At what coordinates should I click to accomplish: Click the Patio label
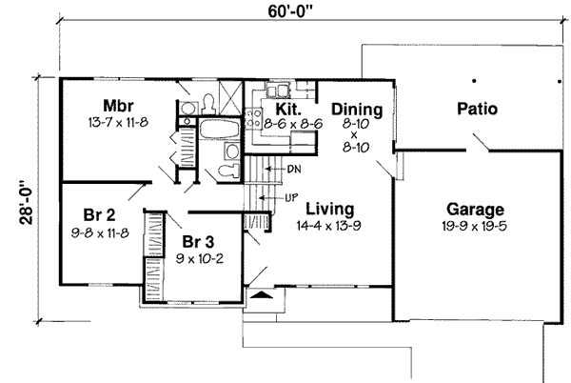pos(476,109)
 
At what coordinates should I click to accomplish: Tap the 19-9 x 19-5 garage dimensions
pos(476,227)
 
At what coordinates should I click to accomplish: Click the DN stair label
pos(293,168)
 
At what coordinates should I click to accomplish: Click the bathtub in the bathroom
pos(219,129)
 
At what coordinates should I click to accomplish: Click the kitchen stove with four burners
pos(255,119)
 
